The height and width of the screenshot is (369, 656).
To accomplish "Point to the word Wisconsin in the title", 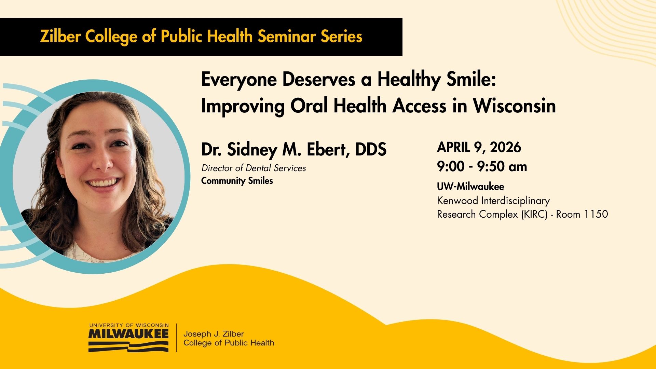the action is (x=514, y=106).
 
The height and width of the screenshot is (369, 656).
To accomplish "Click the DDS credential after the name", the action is (x=371, y=149).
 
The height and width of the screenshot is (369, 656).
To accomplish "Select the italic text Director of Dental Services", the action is (x=254, y=168).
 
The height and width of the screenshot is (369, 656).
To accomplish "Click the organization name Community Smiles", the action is (x=237, y=181).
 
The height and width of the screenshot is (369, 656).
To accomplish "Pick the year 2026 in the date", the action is (x=506, y=147).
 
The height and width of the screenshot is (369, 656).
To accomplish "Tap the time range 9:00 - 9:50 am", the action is (x=482, y=167).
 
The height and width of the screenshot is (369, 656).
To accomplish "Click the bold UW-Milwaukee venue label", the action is (x=470, y=187).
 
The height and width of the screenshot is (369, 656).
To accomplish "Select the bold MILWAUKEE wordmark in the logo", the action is (x=128, y=333).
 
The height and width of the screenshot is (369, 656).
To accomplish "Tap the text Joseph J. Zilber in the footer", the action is (x=214, y=334).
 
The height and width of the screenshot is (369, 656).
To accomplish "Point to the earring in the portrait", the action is (x=63, y=176).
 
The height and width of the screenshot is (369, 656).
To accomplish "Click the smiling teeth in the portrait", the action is (x=104, y=183).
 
